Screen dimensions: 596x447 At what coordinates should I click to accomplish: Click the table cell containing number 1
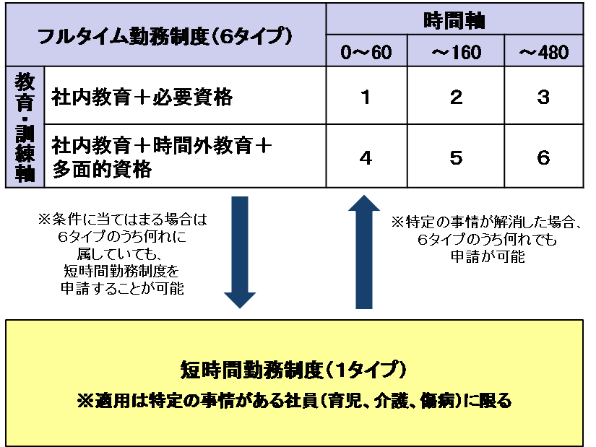pos(366,95)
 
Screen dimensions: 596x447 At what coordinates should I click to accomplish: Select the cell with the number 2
pos(456,95)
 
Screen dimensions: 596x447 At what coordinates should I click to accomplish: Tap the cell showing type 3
pos(543,95)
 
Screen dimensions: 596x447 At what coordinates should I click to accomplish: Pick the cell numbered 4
pos(366,156)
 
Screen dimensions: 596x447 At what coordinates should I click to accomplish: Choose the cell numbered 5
pos(456,156)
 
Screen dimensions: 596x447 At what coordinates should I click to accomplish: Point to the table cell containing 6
pos(543,156)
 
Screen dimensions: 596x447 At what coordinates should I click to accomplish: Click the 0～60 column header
pos(366,51)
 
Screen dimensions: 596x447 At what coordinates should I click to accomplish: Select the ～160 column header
pos(456,51)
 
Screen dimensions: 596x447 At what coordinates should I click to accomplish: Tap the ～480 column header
pos(543,51)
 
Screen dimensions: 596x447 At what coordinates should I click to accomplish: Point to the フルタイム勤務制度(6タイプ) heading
pos(165,36)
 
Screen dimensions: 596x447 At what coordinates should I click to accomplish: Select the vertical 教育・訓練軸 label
pos(25,127)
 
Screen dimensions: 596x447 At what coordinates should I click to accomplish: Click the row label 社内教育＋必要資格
pos(142,97)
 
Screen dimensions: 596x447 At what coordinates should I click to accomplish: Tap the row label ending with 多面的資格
pos(162,157)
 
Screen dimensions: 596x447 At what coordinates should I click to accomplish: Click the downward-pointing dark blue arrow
pos(240,252)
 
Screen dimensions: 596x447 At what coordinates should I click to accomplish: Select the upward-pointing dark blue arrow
pos(364,251)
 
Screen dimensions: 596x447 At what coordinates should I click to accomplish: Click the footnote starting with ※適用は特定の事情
pos(295,401)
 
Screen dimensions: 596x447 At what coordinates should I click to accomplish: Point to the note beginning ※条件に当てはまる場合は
pos(122,253)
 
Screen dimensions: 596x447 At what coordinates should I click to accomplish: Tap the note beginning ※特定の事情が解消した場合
pos(486,240)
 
